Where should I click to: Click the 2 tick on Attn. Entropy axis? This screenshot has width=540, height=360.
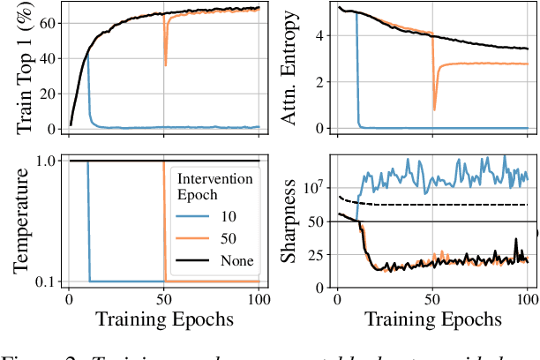(x=318, y=82)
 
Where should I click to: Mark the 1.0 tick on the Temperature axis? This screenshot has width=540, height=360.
(x=47, y=161)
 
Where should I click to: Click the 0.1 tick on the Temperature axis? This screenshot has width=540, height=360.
(x=47, y=281)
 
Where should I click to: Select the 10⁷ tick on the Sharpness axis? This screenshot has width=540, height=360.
(x=311, y=187)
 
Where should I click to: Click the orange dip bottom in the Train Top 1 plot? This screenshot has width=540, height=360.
(x=165, y=65)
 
